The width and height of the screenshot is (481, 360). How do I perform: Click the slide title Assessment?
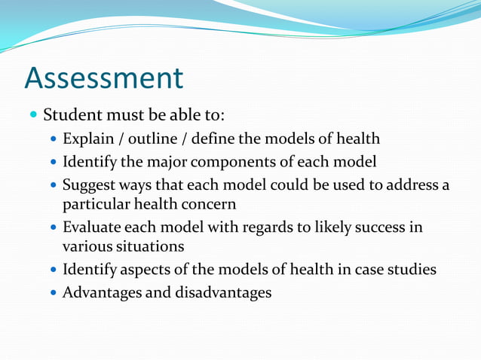coord(104,78)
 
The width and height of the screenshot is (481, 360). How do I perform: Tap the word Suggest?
coord(87,185)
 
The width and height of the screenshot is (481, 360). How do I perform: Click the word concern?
coord(210,204)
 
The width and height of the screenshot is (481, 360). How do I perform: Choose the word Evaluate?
coord(91,227)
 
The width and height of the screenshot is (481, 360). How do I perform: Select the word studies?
coord(411,269)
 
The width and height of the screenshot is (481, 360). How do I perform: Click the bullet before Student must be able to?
coord(32,116)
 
